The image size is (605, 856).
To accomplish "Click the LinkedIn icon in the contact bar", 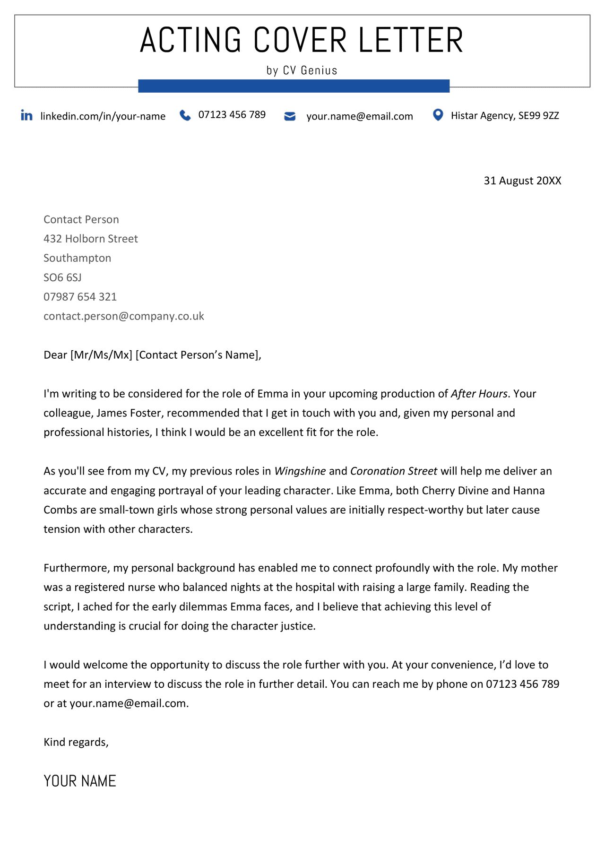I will (x=26, y=115).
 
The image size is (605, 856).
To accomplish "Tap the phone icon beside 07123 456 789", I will (x=185, y=115).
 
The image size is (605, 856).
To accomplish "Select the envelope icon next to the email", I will (x=290, y=116).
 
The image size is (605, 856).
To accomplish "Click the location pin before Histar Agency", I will (x=438, y=115).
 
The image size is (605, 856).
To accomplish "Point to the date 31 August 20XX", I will (x=522, y=181).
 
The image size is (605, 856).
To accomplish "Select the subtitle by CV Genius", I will (x=302, y=70).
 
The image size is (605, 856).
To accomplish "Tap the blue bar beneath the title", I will (x=294, y=86).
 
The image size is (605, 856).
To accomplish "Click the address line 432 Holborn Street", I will (x=91, y=239).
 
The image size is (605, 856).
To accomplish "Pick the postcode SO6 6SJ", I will (x=62, y=277).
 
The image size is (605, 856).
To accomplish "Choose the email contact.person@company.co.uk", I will (x=124, y=316).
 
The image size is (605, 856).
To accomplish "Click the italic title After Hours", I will (x=479, y=394).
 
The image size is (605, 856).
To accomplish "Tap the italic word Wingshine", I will (x=300, y=471).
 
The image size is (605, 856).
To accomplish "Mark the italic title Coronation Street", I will (x=393, y=471).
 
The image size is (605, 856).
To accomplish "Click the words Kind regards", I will (x=76, y=742).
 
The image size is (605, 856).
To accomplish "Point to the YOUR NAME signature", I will (x=80, y=781).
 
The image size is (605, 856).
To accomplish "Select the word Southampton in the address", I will (x=77, y=258).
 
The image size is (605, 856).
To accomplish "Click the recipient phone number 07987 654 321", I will (x=80, y=297).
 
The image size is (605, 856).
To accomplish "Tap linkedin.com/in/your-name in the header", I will (x=103, y=116).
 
